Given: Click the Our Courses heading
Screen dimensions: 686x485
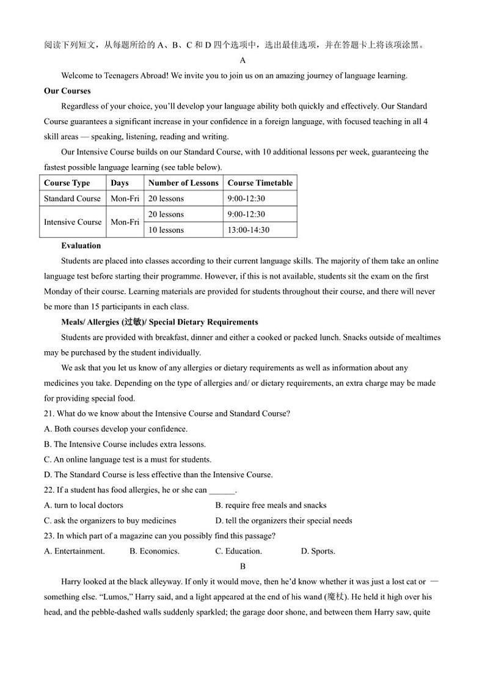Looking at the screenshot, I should (67, 91).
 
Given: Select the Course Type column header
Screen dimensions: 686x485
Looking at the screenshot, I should (67, 183).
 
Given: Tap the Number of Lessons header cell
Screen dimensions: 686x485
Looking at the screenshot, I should (183, 183).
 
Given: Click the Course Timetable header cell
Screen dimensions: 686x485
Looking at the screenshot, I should (260, 183).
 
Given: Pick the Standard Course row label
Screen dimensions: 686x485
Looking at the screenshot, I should (72, 199).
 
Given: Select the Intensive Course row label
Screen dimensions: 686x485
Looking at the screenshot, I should (73, 222).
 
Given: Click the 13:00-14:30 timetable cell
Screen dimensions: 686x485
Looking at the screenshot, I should (248, 230).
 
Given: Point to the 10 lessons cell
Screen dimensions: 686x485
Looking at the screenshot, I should (166, 230).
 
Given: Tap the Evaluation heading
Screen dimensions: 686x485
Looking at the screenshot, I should (81, 246).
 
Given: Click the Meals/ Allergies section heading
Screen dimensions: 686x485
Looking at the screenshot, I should (159, 322).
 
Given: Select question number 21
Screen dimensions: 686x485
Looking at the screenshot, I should (49, 414).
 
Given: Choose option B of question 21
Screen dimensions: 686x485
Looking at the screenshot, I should (125, 444).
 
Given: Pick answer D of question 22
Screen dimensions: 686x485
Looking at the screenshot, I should (283, 520).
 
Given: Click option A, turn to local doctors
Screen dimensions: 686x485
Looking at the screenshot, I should (84, 505).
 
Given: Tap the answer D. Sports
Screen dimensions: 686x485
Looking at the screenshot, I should (318, 551).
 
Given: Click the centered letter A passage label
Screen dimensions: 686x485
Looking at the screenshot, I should (242, 60).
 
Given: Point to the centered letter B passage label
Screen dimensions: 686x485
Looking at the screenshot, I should (242, 566).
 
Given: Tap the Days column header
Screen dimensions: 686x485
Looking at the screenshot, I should (120, 183).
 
